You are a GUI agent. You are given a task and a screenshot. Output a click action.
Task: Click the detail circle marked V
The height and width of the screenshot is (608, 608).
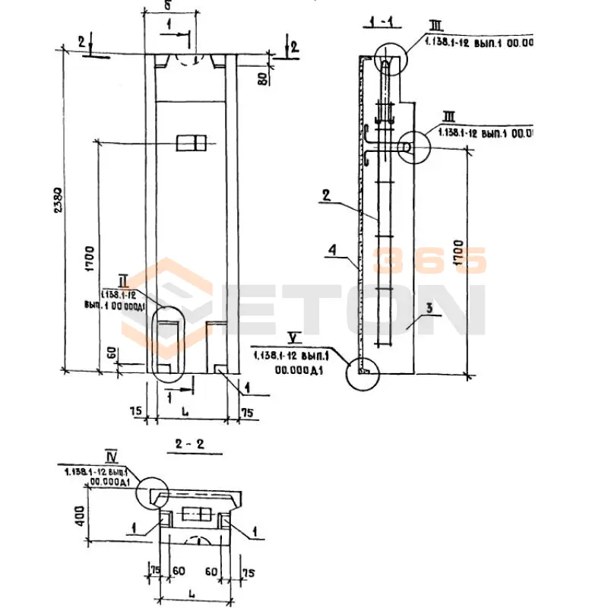click(362, 372)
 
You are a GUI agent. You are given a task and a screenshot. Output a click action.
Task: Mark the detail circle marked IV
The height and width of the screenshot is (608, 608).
click(152, 492)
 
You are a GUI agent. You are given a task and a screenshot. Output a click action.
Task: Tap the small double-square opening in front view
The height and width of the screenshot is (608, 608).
click(191, 143)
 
